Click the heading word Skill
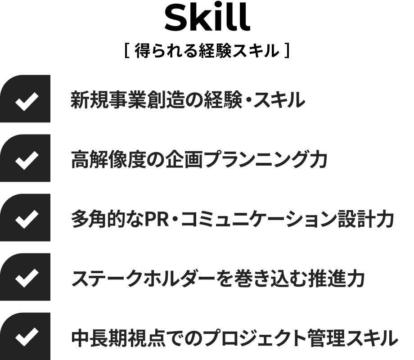[207, 18]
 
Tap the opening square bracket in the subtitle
[127, 50]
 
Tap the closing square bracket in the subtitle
[288, 50]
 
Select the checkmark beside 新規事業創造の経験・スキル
[27, 101]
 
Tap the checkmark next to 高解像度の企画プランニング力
[27, 161]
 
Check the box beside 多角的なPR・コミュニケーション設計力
[27, 219]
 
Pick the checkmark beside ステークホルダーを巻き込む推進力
[27, 279]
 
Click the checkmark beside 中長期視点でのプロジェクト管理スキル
[27, 337]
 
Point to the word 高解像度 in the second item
[108, 160]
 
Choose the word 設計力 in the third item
[366, 219]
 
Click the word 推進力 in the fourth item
[337, 279]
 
